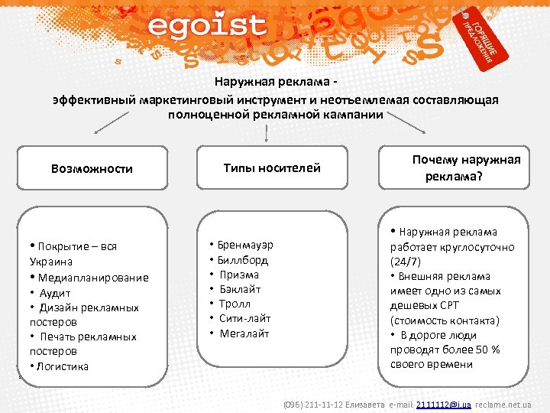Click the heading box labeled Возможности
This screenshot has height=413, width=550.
point(92,168)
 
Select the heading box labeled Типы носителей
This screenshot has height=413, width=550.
point(272,167)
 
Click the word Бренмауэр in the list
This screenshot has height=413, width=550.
point(245,246)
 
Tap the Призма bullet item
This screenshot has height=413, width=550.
point(239,275)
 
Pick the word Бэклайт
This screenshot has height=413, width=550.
point(240,289)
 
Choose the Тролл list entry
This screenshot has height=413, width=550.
point(236,304)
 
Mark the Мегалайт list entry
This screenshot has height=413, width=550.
point(244,333)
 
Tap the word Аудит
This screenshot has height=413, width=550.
point(55,293)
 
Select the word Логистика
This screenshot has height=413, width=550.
point(62,366)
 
